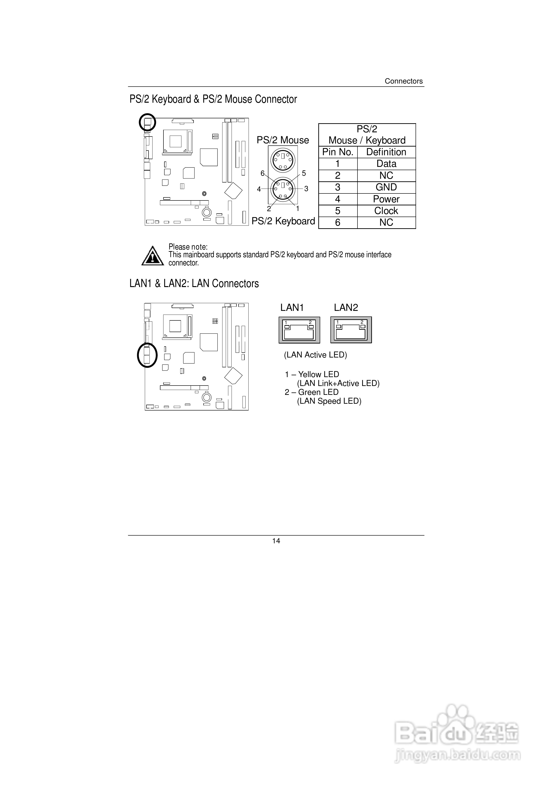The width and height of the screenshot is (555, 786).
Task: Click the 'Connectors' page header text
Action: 403,81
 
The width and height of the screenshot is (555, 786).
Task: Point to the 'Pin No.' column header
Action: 338,152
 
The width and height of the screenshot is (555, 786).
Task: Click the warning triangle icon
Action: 153,256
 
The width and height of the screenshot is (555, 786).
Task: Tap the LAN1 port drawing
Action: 299,330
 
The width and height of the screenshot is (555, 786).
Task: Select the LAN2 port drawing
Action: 351,330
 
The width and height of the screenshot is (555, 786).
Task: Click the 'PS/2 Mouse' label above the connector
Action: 283,140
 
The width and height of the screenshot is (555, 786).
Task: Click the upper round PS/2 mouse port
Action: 283,160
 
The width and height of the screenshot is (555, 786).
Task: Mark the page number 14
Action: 276,541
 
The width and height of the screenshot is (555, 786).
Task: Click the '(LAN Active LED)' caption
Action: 315,355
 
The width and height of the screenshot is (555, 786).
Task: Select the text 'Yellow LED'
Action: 318,375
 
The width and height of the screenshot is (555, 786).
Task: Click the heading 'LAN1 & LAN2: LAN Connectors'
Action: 194,284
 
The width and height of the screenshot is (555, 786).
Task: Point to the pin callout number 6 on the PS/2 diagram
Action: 262,173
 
